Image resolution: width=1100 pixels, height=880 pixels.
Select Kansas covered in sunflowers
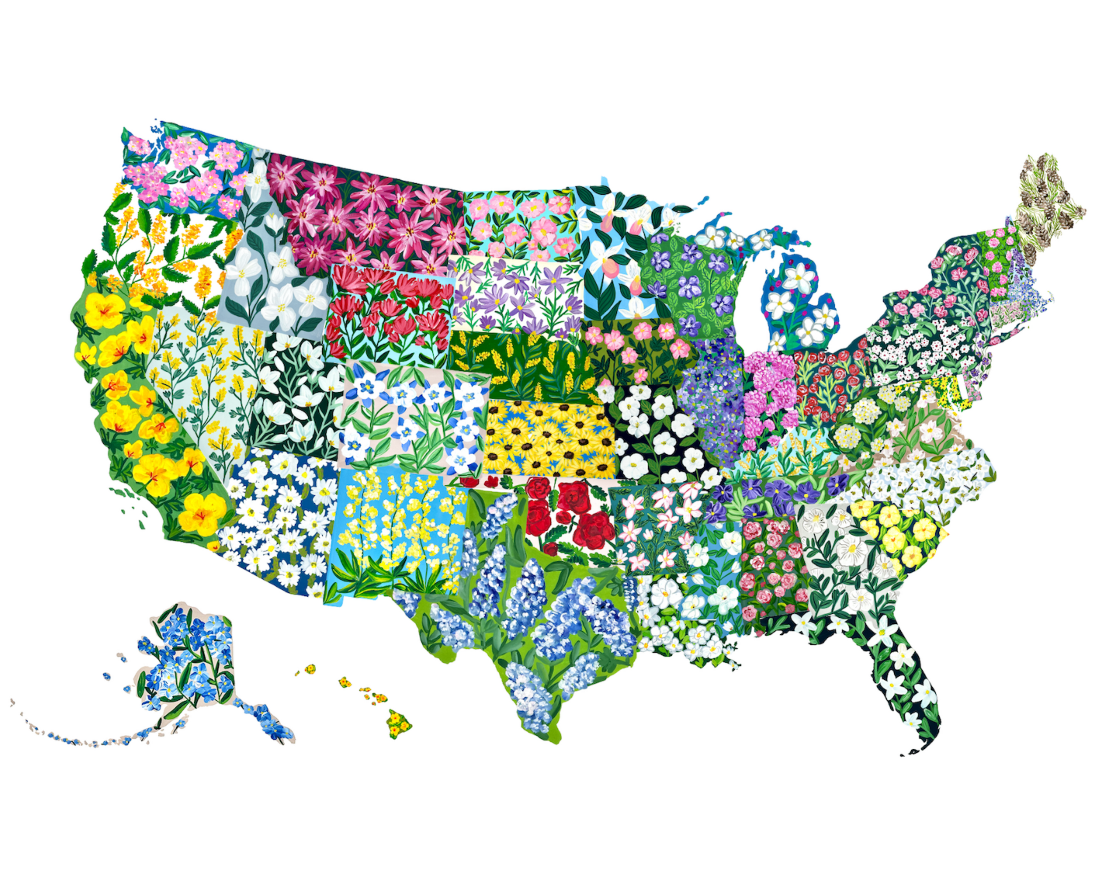tap(549, 439)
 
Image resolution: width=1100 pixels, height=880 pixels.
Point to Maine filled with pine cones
tap(1046, 204)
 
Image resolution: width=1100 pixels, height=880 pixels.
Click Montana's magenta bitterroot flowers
tap(367, 214)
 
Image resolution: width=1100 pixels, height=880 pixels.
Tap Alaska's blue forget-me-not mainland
tap(189, 658)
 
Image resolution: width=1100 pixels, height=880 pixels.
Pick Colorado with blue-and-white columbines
tap(413, 418)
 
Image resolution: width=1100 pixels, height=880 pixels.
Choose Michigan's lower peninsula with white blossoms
tap(801, 306)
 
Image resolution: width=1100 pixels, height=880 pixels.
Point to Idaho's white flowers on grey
tap(270, 275)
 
